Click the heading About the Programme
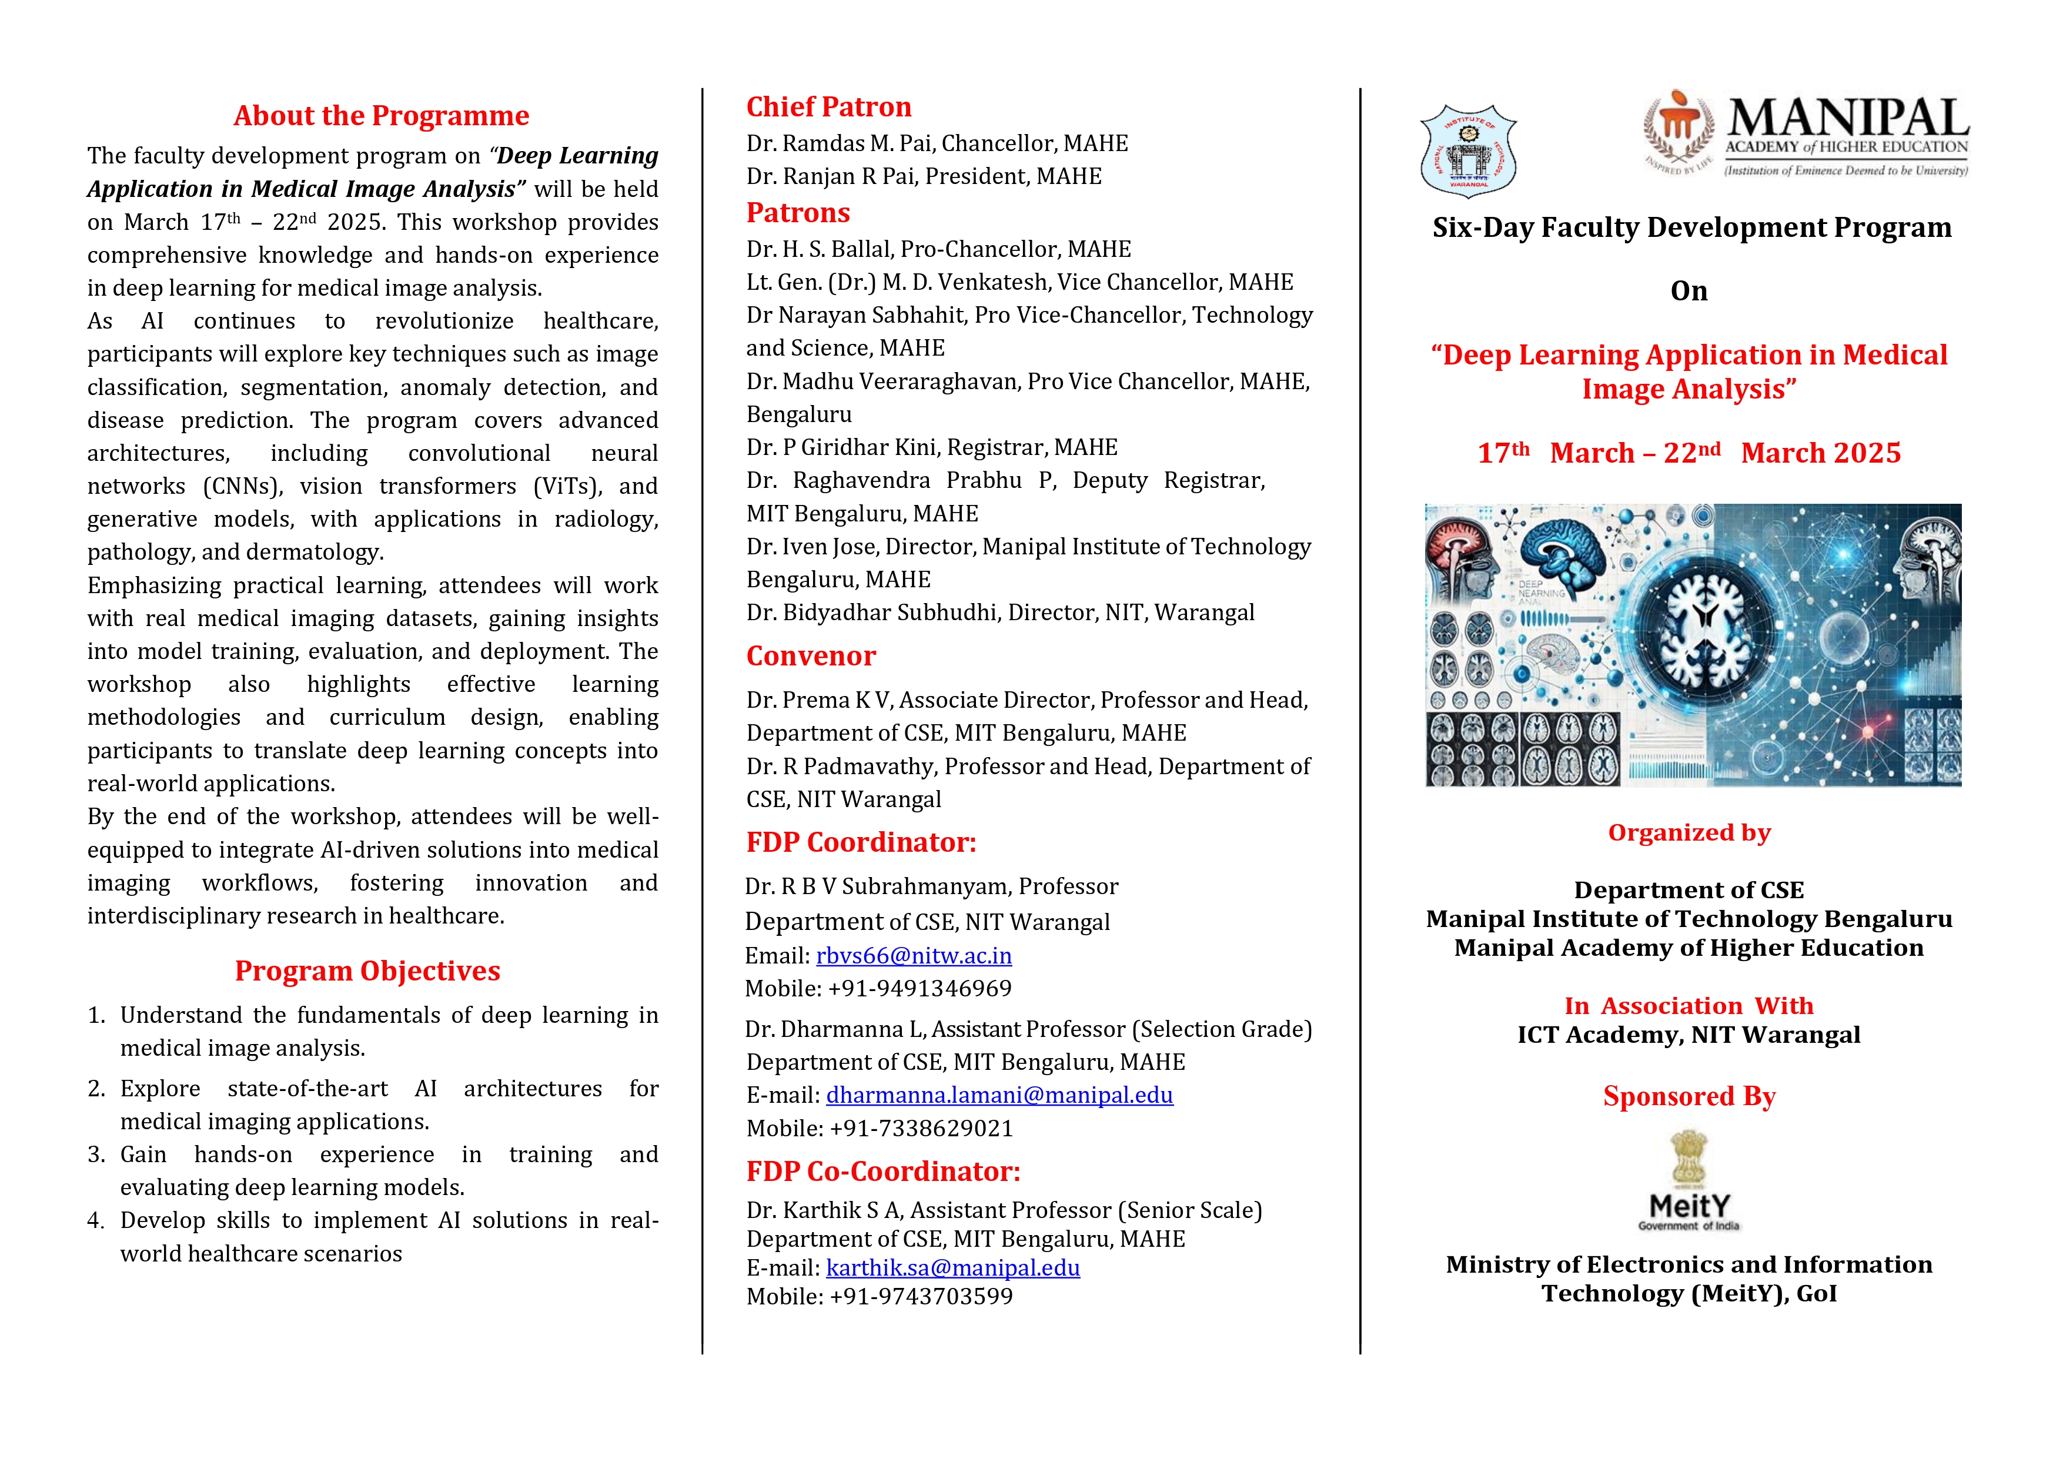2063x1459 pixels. tap(381, 116)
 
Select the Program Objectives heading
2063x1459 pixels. tap(367, 971)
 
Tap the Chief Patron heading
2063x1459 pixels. tap(828, 107)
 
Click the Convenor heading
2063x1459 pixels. tap(811, 656)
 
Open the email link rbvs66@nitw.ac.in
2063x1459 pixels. tap(914, 956)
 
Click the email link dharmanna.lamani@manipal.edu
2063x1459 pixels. tap(999, 1095)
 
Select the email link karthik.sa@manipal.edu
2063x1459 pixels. tap(952, 1267)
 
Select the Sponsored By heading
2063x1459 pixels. tap(1689, 1097)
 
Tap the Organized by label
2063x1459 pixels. tap(1689, 833)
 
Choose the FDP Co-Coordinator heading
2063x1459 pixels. tap(882, 1172)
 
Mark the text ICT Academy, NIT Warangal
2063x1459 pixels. tap(1688, 1035)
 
